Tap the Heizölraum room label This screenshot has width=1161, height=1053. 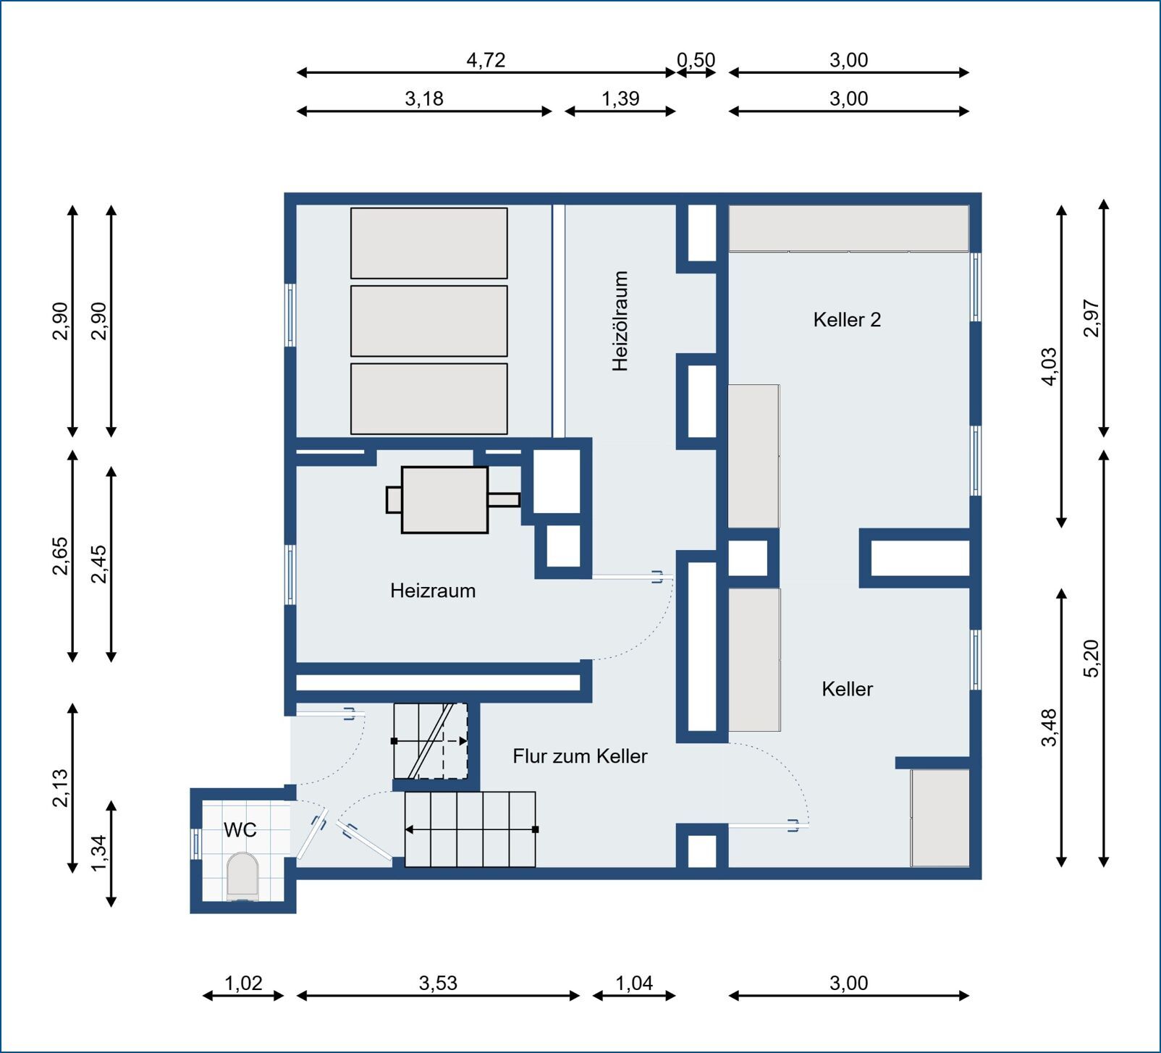pyautogui.click(x=620, y=321)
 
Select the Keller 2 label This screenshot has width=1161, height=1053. pyautogui.click(x=847, y=319)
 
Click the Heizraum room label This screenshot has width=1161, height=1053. pyautogui.click(x=433, y=591)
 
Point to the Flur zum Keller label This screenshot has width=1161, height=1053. pyautogui.click(x=580, y=756)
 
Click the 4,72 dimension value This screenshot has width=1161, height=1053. pyautogui.click(x=486, y=60)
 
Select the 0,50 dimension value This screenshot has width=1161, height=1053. pyautogui.click(x=696, y=60)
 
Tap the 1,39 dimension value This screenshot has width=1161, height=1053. pyautogui.click(x=620, y=98)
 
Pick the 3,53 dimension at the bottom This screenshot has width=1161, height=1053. pyautogui.click(x=438, y=983)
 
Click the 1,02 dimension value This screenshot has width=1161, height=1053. pyautogui.click(x=243, y=983)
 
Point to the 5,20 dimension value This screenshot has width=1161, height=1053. pyautogui.click(x=1092, y=658)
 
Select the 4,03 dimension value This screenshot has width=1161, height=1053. pyautogui.click(x=1050, y=367)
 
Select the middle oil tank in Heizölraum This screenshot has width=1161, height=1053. pyautogui.click(x=429, y=321)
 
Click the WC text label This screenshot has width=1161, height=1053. pyautogui.click(x=240, y=829)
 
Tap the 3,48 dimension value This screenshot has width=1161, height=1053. pyautogui.click(x=1050, y=727)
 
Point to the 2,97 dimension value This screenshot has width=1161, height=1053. pyautogui.click(x=1092, y=318)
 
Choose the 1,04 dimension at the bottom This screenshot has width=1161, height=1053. pyautogui.click(x=634, y=983)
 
